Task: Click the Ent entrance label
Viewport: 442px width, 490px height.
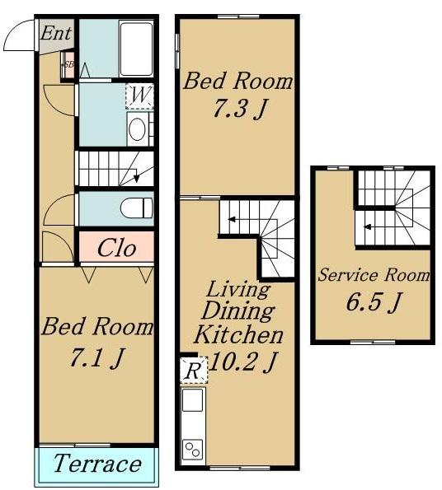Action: pyautogui.click(x=56, y=33)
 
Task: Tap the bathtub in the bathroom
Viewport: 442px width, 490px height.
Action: pyautogui.click(x=136, y=49)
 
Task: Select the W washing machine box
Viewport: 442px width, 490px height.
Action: pyautogui.click(x=139, y=96)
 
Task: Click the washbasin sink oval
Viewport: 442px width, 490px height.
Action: pyautogui.click(x=138, y=129)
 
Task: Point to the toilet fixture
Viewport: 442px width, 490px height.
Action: pyautogui.click(x=137, y=208)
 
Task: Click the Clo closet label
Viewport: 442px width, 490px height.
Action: pyautogui.click(x=116, y=248)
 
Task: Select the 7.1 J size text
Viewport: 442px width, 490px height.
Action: pyautogui.click(x=97, y=357)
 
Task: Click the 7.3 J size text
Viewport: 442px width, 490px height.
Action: pyautogui.click(x=240, y=109)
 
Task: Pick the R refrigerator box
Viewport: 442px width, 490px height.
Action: pyautogui.click(x=194, y=371)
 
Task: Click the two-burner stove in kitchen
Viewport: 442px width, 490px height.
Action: pyautogui.click(x=193, y=450)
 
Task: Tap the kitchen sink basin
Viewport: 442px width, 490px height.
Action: pyautogui.click(x=192, y=400)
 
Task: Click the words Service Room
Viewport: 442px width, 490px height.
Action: pyautogui.click(x=374, y=275)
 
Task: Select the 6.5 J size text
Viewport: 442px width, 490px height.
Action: pyautogui.click(x=373, y=302)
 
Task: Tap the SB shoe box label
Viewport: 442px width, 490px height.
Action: pyautogui.click(x=68, y=65)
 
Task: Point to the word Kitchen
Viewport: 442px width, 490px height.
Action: pyautogui.click(x=238, y=334)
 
